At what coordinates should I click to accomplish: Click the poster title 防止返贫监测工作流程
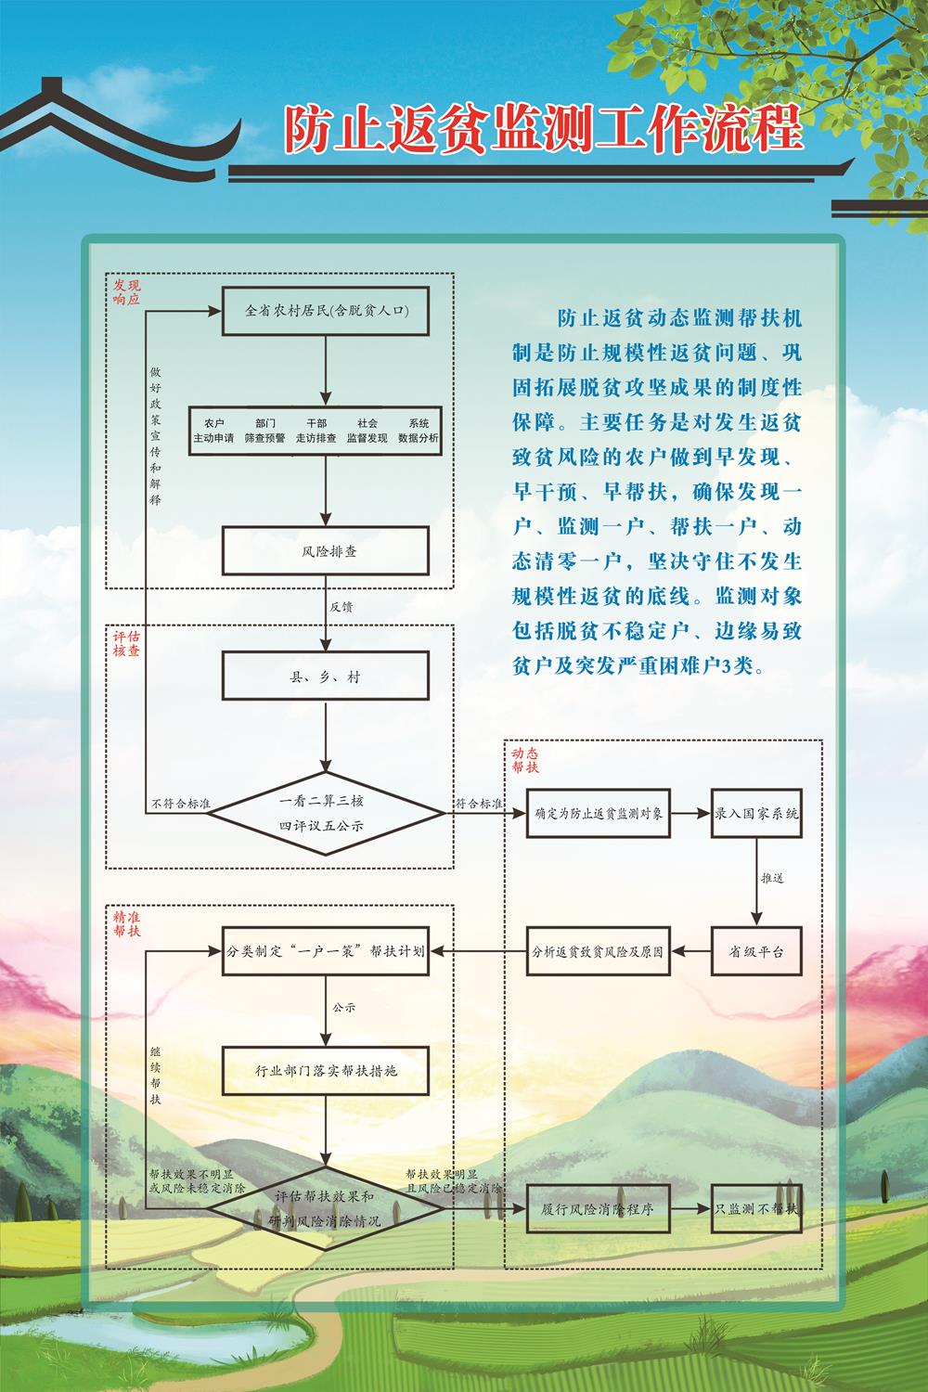tap(543, 129)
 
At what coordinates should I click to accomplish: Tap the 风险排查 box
tap(326, 551)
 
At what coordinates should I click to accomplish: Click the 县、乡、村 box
tap(326, 677)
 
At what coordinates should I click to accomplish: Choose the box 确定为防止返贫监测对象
tap(599, 814)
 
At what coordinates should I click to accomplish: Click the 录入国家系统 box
tap(756, 814)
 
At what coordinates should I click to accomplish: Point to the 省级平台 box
tap(756, 951)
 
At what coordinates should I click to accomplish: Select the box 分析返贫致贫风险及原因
tap(599, 951)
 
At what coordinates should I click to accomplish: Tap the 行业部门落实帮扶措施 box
tap(326, 1071)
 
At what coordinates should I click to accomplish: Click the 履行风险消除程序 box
tap(599, 1209)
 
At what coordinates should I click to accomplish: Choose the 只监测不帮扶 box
tap(756, 1209)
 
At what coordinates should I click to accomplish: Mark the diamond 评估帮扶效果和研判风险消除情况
tap(326, 1209)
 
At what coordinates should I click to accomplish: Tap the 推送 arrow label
tap(772, 877)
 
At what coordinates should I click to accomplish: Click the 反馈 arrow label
tap(342, 607)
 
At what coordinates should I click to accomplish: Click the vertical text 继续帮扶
tap(155, 1076)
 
